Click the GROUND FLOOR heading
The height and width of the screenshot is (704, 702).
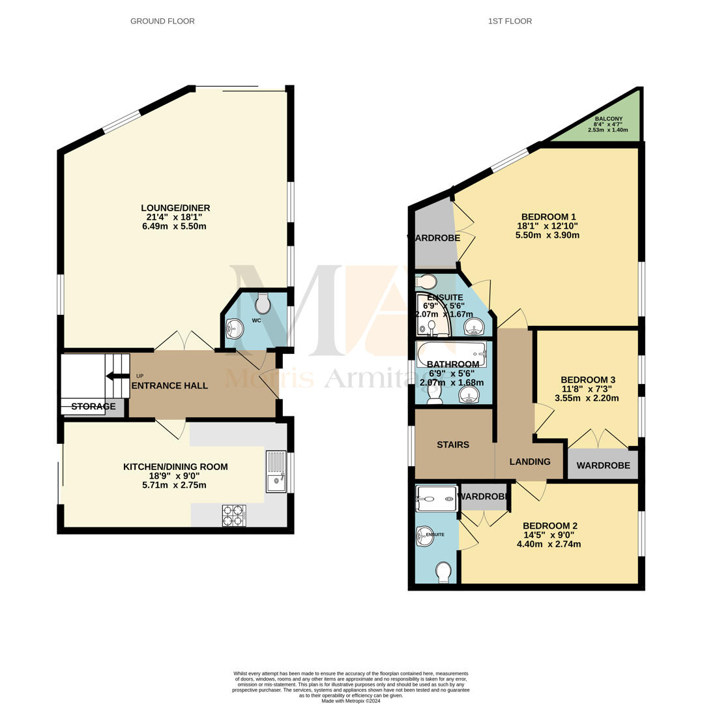coord(162,21)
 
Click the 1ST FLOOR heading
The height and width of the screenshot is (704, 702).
coord(510,21)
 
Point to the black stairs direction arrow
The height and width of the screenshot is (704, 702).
coord(117,375)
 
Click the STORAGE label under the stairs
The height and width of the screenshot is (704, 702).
coord(93,407)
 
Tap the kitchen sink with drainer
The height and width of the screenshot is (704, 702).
coord(276,471)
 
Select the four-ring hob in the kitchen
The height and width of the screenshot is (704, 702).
coord(233,515)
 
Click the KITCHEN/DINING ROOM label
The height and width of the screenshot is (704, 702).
coord(175,467)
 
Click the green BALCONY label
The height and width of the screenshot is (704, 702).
coord(608,119)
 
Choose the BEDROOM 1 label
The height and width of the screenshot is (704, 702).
coord(548,217)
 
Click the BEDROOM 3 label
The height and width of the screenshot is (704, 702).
coord(587,380)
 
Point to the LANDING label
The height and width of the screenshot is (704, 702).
coord(529,462)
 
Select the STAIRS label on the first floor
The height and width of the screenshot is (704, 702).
coord(453,445)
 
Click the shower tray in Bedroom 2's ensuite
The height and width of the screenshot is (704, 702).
coord(436,499)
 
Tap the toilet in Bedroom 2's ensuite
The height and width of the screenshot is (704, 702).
coord(443,571)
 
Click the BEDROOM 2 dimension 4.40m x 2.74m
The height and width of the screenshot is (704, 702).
coord(548,544)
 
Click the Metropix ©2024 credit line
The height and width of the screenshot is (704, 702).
coord(351,701)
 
